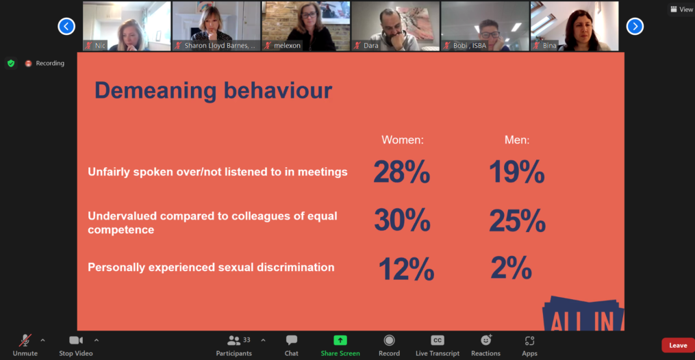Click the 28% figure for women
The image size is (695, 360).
coord(401,172)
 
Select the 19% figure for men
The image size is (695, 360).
coord(516,172)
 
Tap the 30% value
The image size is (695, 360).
coord(402,220)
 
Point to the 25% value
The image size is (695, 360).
coord(517,220)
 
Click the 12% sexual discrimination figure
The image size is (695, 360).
coord(406,269)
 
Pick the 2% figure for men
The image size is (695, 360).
coord(511,268)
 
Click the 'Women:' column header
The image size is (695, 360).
coord(403,140)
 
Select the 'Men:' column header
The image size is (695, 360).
coord(517,140)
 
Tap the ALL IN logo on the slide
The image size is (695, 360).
coord(582,316)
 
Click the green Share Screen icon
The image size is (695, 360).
coord(340,340)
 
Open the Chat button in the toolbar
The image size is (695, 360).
coord(292,340)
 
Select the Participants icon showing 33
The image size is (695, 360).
coord(234,340)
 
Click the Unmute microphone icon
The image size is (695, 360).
coord(25,340)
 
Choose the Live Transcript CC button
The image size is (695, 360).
coord(437,340)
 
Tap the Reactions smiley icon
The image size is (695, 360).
coord(485,340)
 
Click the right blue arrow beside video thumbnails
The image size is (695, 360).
coord(635,26)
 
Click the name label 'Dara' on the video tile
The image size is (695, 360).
coord(371,46)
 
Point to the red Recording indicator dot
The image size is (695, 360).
coord(28,64)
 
